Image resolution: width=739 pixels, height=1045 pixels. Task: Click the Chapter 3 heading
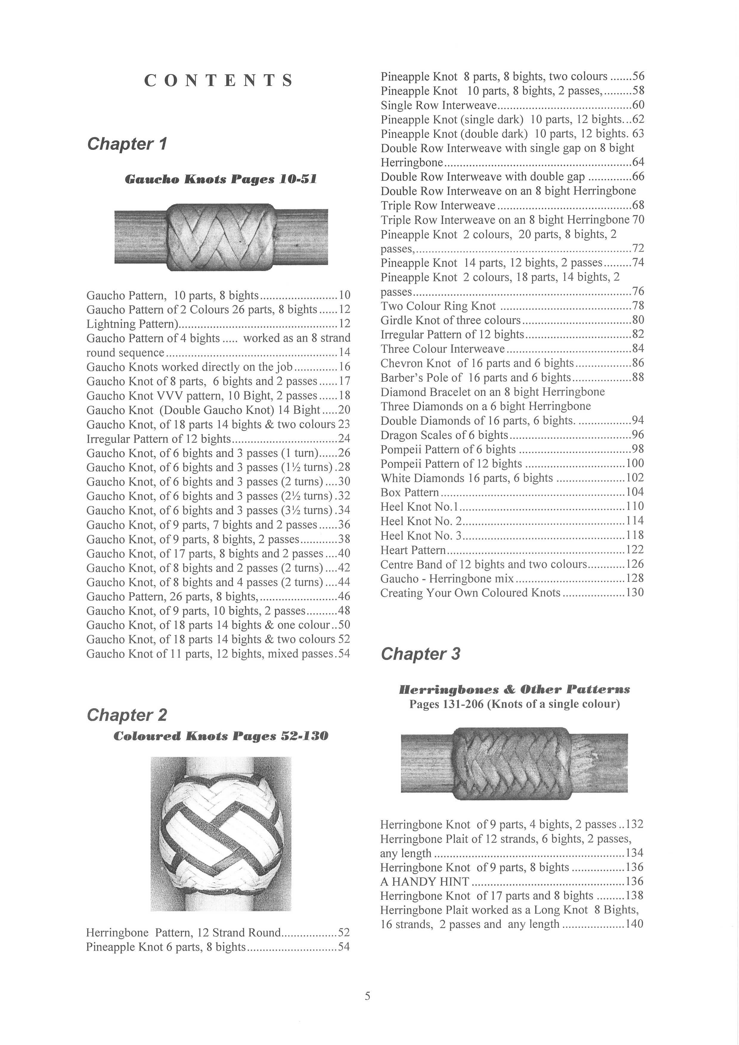pyautogui.click(x=420, y=654)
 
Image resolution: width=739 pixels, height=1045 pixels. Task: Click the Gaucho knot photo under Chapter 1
pyautogui.click(x=221, y=238)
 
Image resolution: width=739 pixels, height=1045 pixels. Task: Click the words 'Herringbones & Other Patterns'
pyautogui.click(x=514, y=690)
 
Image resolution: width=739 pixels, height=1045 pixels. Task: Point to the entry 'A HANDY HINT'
pyautogui.click(x=425, y=882)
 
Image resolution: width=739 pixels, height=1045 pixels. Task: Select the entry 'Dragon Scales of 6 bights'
pyautogui.click(x=444, y=435)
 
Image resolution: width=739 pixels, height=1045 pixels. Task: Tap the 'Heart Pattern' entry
pyautogui.click(x=413, y=550)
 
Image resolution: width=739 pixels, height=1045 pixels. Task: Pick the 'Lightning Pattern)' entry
pyautogui.click(x=132, y=324)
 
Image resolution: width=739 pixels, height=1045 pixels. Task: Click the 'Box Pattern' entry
pyautogui.click(x=410, y=492)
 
